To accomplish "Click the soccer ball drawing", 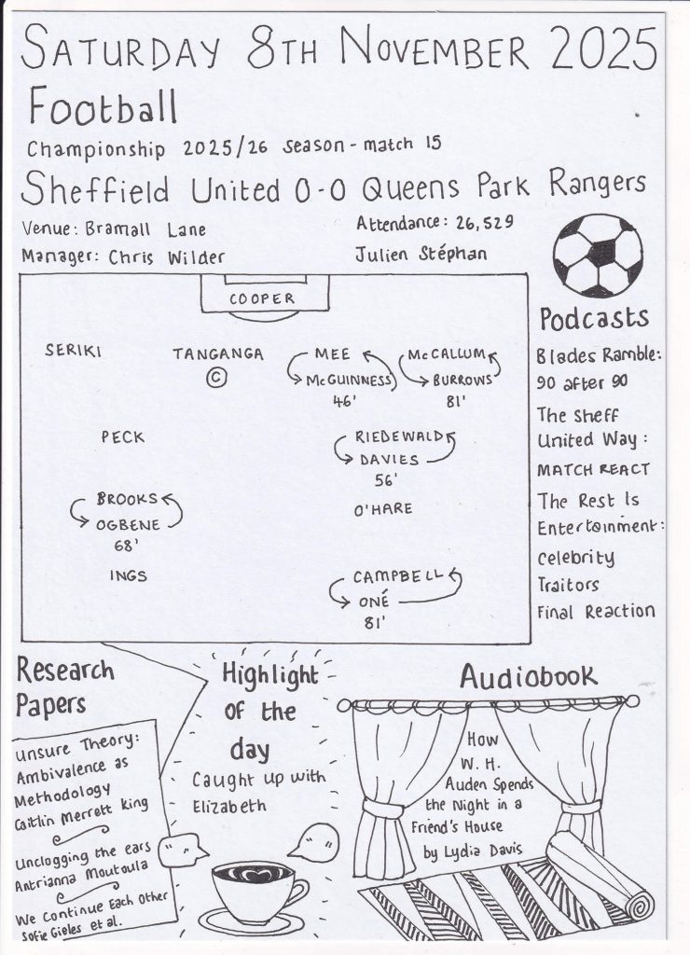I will pos(598,255).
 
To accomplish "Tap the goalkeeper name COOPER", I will pos(262,298).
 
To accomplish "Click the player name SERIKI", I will pos(73,351).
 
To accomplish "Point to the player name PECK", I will pos(123,436).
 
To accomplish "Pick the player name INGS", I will pos(128,575).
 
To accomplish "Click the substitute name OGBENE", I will pos(128,524).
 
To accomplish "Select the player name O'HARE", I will pos(382,509).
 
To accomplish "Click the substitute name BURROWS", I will pos(462,381).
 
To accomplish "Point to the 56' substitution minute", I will pos(385,480).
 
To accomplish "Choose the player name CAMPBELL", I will pos(398,577).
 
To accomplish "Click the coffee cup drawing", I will pos(252,888).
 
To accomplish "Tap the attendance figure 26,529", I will pos(489,225).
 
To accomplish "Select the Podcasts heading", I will pos(594,319).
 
